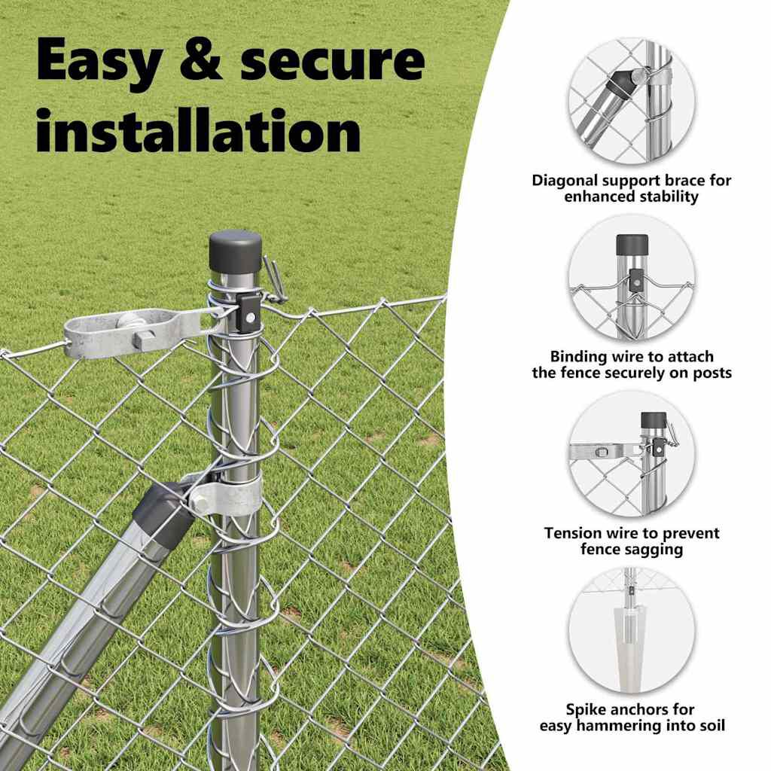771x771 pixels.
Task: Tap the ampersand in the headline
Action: (201, 59)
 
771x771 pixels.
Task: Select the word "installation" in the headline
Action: (199, 130)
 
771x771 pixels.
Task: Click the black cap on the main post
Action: (235, 253)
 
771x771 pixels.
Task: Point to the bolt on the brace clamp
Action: (198, 503)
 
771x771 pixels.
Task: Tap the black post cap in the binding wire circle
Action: (632, 245)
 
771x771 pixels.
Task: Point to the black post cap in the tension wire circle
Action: (654, 421)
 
